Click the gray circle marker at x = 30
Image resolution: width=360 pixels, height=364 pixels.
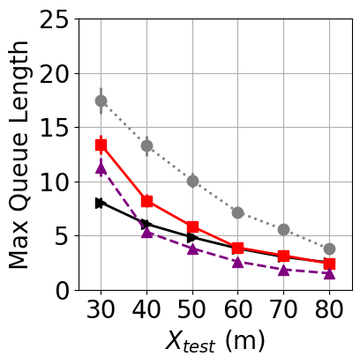[101, 100]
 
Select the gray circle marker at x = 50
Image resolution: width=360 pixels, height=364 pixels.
[192, 181]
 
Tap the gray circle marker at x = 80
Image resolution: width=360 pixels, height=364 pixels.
[329, 249]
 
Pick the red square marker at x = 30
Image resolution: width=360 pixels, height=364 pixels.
[101, 145]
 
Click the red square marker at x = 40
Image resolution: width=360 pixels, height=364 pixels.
[146, 201]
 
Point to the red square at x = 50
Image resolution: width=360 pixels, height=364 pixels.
[192, 227]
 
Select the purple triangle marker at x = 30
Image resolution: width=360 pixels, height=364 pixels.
[101, 167]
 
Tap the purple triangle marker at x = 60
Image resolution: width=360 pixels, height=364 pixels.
[237, 262]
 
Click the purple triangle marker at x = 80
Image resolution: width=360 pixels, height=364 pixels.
[329, 273]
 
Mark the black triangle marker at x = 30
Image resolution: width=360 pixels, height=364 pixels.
[101, 203]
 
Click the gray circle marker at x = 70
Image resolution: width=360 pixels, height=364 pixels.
[283, 229]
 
